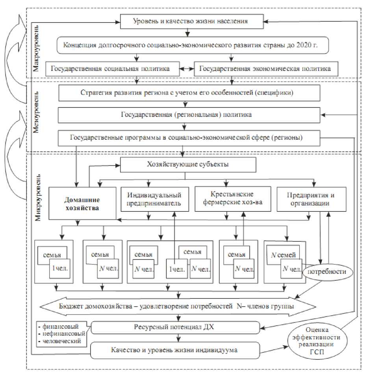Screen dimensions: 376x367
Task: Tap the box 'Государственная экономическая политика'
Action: click(x=265, y=68)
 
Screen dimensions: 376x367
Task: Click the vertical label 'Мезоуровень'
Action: click(x=36, y=114)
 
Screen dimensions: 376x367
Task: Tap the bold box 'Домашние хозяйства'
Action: click(x=82, y=203)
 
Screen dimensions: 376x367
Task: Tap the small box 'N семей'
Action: click(x=282, y=254)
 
